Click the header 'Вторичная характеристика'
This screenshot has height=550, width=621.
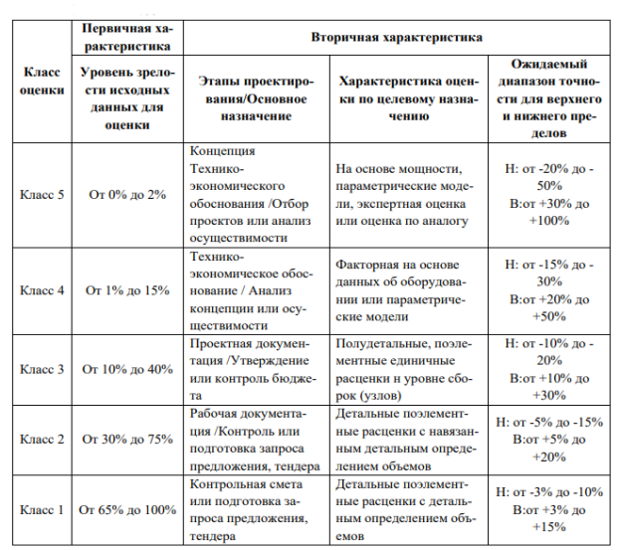point(397,36)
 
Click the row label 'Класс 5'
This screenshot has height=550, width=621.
point(42,194)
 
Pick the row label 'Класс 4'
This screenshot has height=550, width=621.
point(42,290)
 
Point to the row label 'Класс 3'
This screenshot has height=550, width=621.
point(42,369)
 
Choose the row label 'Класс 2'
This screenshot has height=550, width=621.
point(42,439)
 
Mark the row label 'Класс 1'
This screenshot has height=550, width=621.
point(42,510)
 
